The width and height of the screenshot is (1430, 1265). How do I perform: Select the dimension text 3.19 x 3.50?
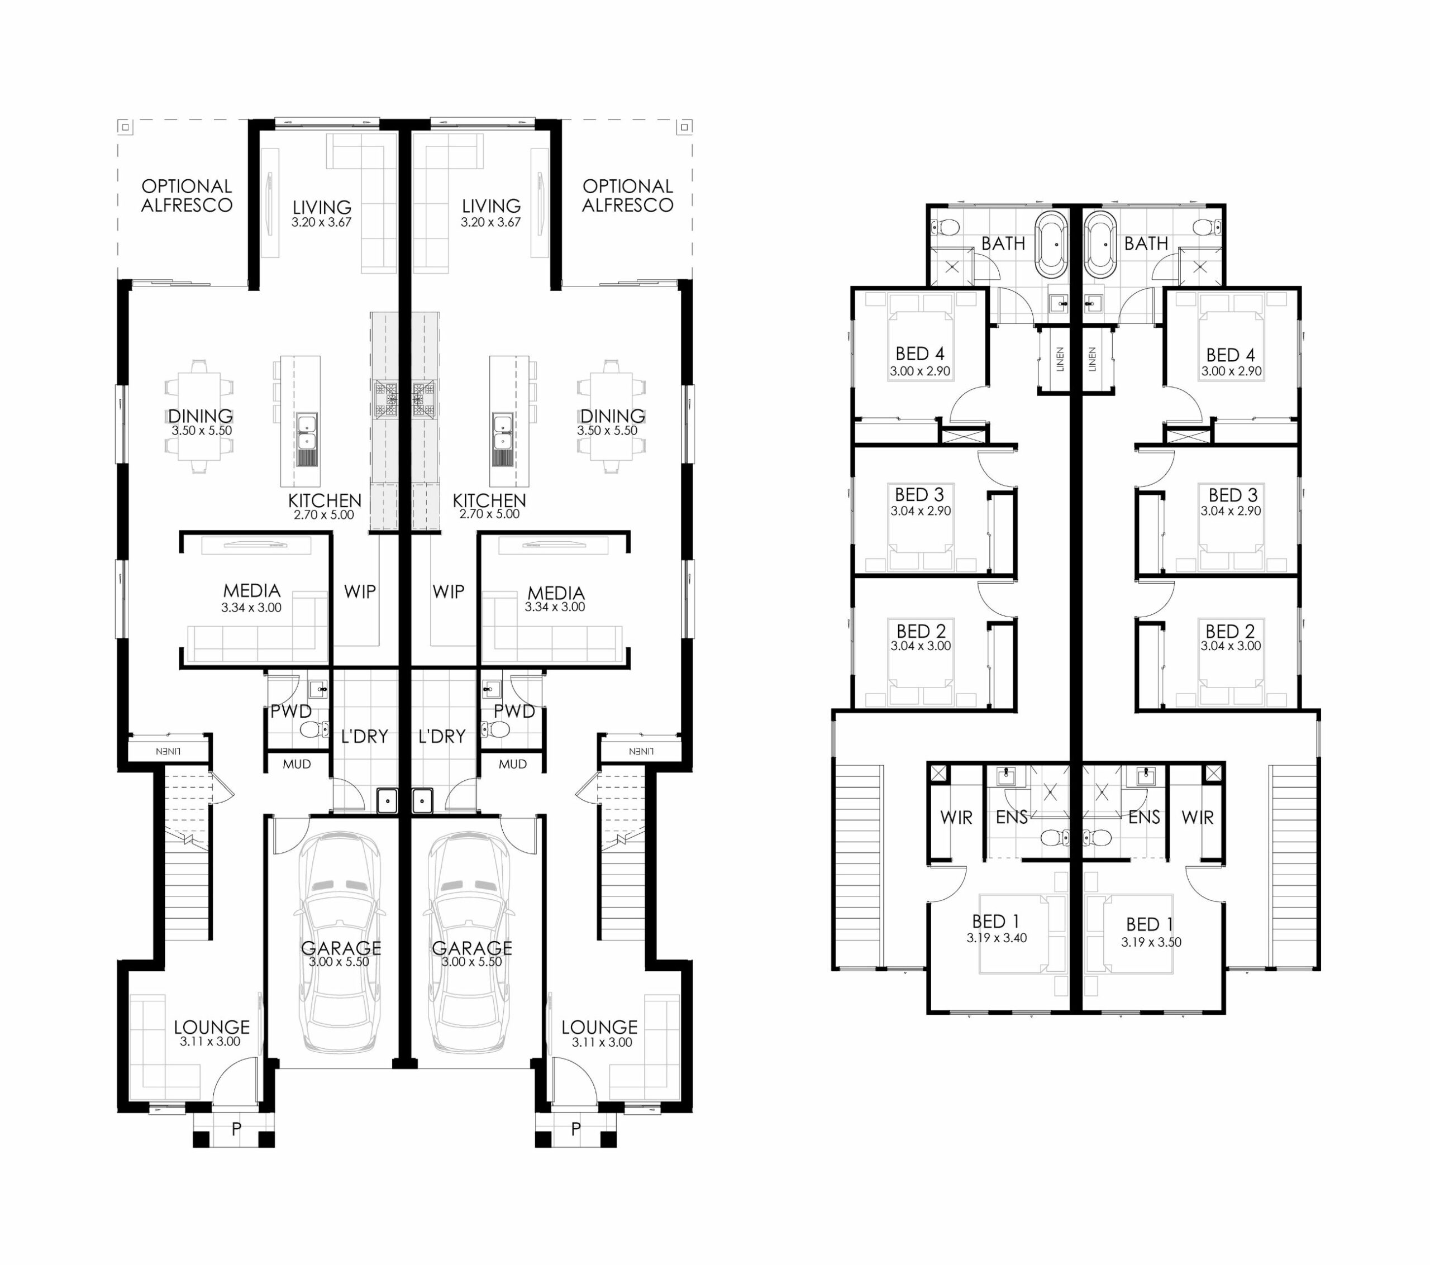pyautogui.click(x=1151, y=942)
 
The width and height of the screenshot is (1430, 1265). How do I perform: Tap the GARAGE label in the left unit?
pyautogui.click(x=341, y=947)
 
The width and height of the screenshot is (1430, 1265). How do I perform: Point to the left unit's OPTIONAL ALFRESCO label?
pyautogui.click(x=187, y=196)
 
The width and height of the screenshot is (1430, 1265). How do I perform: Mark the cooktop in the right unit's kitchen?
pyautogui.click(x=422, y=399)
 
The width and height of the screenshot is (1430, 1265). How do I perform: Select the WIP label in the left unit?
pyautogui.click(x=360, y=592)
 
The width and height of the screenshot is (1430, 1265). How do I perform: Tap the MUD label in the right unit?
pyautogui.click(x=513, y=764)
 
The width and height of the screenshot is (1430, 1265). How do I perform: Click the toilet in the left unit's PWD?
pyautogui.click(x=315, y=730)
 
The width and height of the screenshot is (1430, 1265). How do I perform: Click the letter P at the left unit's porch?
pyautogui.click(x=236, y=1129)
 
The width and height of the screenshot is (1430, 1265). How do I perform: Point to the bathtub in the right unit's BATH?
pyautogui.click(x=1100, y=244)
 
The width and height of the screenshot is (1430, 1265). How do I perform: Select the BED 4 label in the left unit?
pyautogui.click(x=920, y=354)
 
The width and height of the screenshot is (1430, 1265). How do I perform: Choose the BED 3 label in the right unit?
pyautogui.click(x=1233, y=495)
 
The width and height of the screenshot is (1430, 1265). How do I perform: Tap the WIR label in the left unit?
pyautogui.click(x=956, y=817)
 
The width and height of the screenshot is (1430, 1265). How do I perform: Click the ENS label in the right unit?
pyautogui.click(x=1145, y=817)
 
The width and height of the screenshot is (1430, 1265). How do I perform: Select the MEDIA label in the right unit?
pyautogui.click(x=556, y=593)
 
